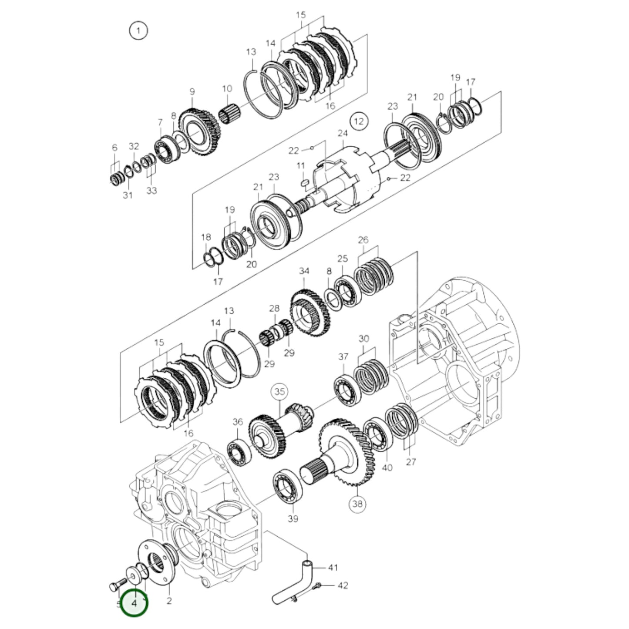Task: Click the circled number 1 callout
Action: (138, 31)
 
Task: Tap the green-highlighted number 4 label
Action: (134, 603)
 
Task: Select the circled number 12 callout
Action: (358, 121)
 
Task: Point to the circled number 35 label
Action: (279, 391)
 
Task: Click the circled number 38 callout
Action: (358, 504)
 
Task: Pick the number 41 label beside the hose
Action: (333, 568)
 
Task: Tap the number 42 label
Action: (343, 585)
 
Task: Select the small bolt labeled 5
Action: (114, 586)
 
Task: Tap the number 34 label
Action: (304, 271)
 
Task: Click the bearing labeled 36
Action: (238, 449)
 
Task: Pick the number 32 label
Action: (134, 146)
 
